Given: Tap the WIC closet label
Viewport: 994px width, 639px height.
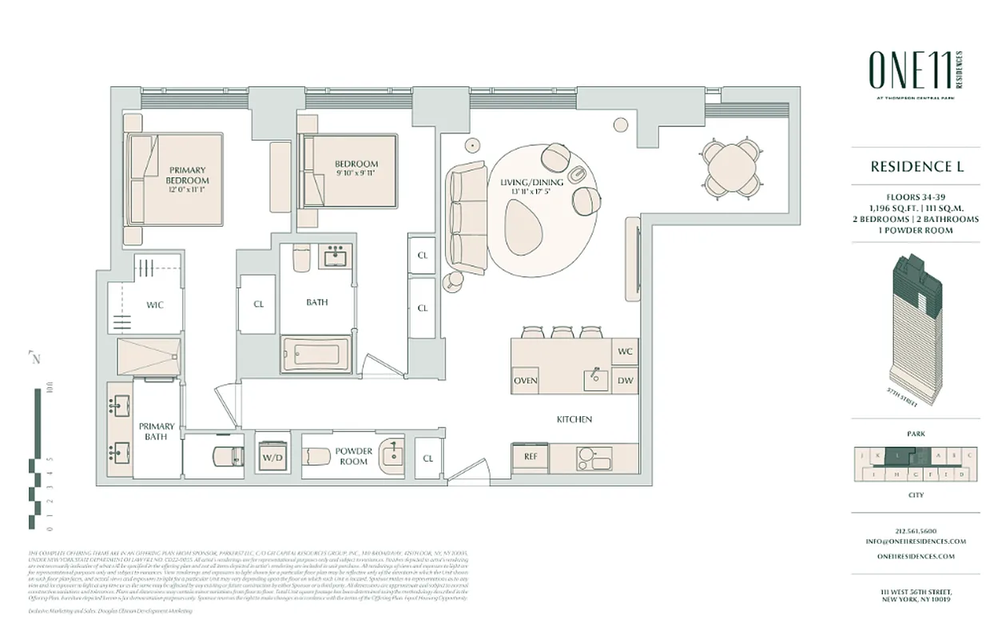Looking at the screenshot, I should pyautogui.click(x=155, y=305).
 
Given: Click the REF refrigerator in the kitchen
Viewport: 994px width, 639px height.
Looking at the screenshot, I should pyautogui.click(x=530, y=457).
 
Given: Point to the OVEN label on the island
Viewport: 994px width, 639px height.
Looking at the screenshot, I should pyautogui.click(x=525, y=380).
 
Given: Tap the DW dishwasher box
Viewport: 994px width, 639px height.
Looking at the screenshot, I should pyautogui.click(x=625, y=380).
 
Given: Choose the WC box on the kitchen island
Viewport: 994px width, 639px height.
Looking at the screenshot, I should pyautogui.click(x=625, y=351).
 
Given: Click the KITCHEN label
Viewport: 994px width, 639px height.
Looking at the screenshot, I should pyautogui.click(x=574, y=419).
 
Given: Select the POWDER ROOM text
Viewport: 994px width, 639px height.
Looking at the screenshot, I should pyautogui.click(x=353, y=456).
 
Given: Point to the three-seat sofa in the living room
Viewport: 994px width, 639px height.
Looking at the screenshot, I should pyautogui.click(x=467, y=216).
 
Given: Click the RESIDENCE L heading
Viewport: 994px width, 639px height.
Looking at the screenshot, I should pyautogui.click(x=916, y=167).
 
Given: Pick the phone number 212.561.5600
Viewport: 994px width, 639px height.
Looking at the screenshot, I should pyautogui.click(x=916, y=530).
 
